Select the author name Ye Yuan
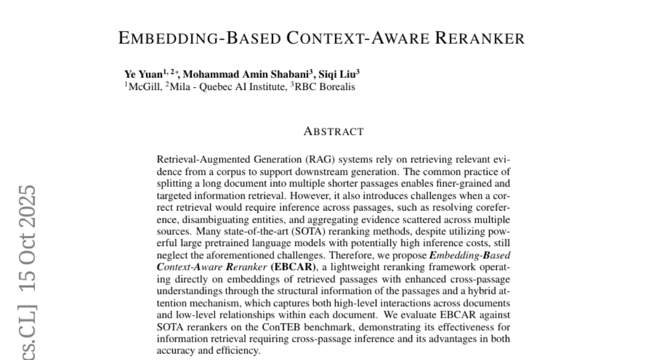point(139,74)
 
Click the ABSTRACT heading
point(333,132)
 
